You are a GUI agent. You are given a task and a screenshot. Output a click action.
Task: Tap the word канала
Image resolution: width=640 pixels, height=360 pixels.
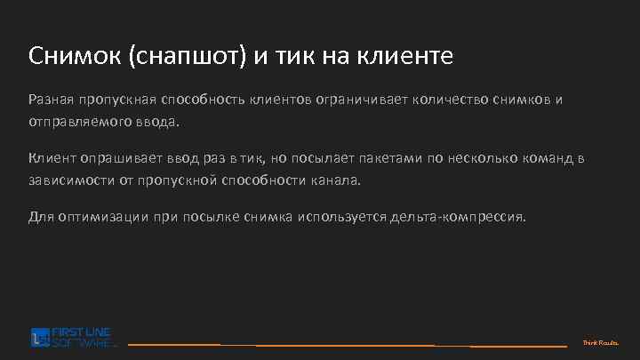[341, 179]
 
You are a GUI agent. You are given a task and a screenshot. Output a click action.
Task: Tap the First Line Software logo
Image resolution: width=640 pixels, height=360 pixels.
[72, 337]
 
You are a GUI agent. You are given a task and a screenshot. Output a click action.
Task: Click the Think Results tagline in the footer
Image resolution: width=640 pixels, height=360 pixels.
[600, 342]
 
